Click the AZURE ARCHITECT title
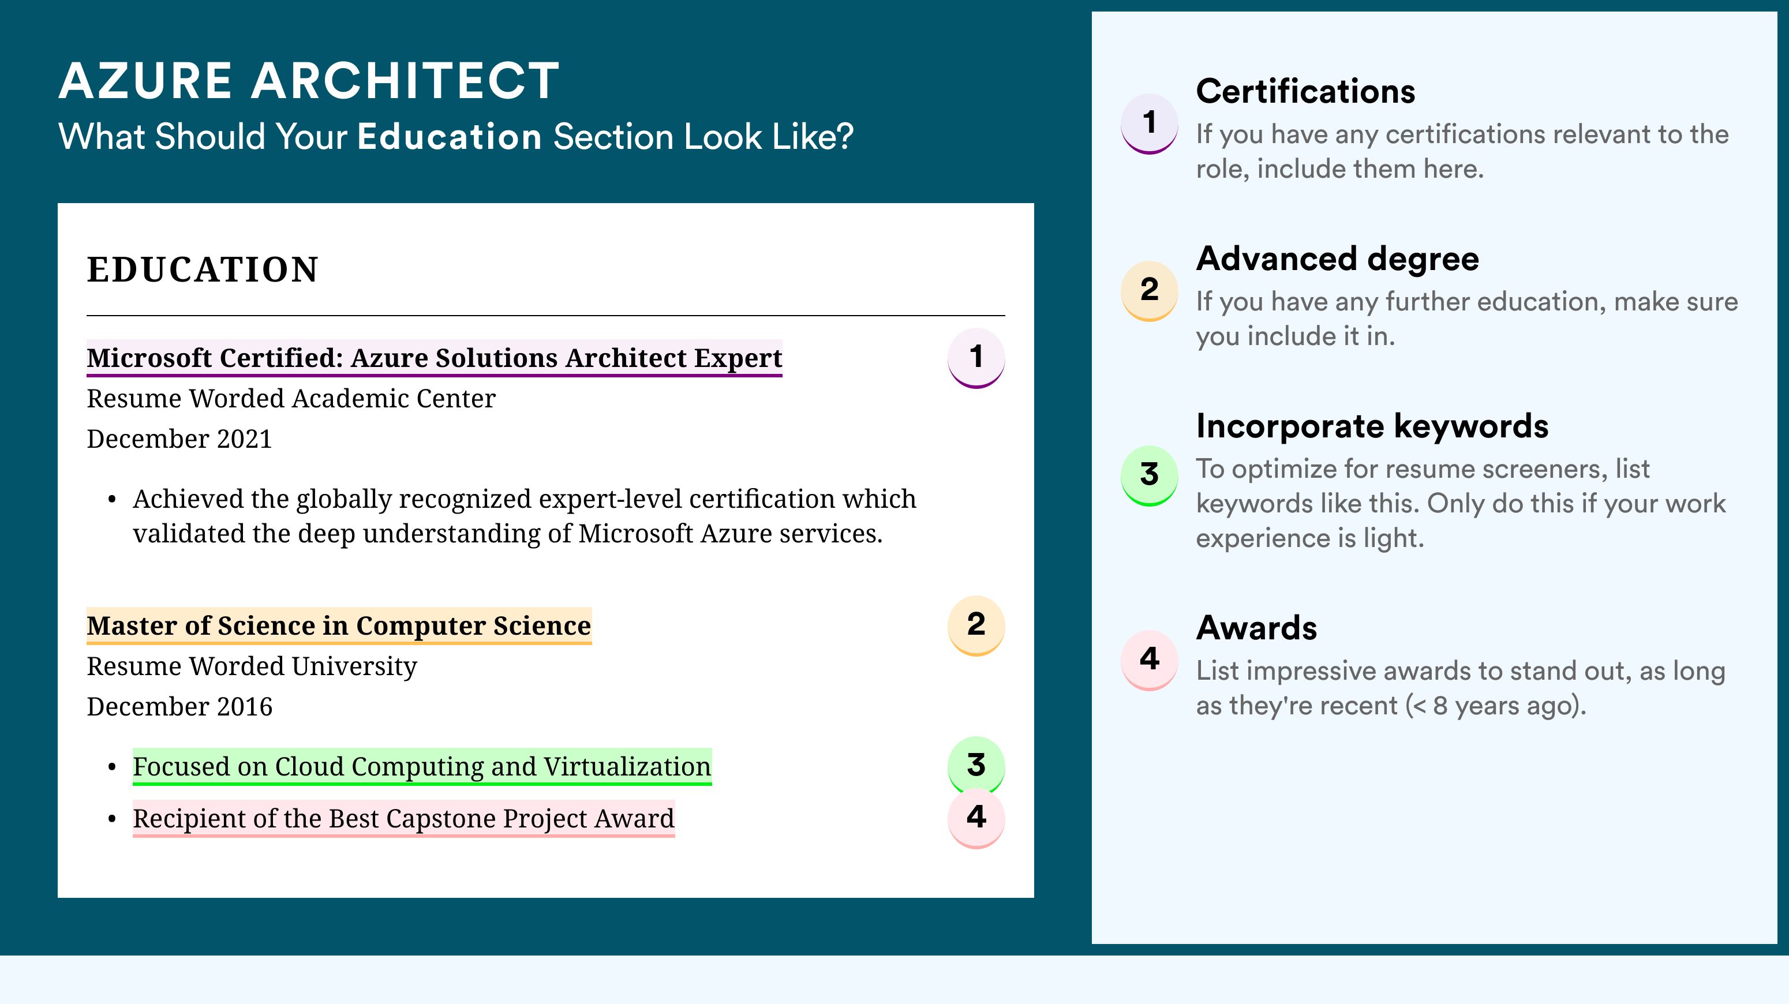tap(309, 81)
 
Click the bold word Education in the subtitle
tap(450, 136)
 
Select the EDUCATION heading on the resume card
tap(202, 269)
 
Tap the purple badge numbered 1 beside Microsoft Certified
tap(976, 358)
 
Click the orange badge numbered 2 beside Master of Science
tap(976, 625)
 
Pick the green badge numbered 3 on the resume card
tap(976, 765)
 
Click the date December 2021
tap(179, 439)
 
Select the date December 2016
tap(179, 707)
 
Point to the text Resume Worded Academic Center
tap(291, 399)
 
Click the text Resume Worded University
tap(252, 666)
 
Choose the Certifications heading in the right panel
tap(1305, 91)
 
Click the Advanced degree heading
tap(1338, 260)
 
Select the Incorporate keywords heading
tap(1372, 426)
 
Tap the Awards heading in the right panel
tap(1256, 628)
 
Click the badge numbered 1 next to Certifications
tap(1150, 123)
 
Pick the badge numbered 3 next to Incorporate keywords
tap(1150, 475)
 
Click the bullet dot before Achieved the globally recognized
tap(113, 499)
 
